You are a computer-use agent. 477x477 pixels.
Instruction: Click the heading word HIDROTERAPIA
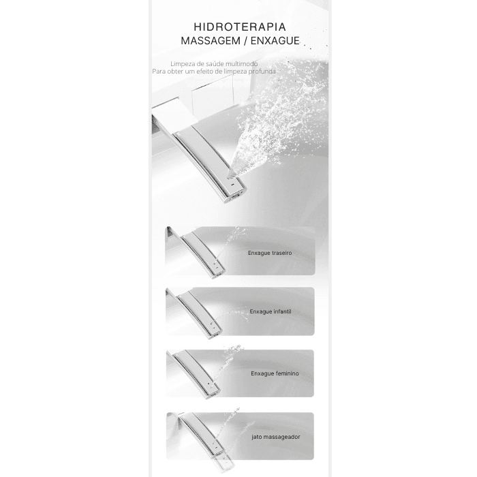[x=240, y=27]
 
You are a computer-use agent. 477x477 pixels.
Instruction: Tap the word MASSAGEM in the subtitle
[x=211, y=41]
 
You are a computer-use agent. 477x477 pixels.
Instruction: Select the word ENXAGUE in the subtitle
[x=275, y=41]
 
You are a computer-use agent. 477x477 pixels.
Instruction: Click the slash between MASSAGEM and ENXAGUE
[x=245, y=41]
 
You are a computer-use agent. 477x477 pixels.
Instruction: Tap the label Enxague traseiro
[x=270, y=253]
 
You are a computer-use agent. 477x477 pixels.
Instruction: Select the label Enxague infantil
[x=271, y=311]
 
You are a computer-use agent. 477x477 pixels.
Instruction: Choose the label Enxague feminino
[x=275, y=373]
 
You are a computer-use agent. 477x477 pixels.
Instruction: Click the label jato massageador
[x=276, y=437]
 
